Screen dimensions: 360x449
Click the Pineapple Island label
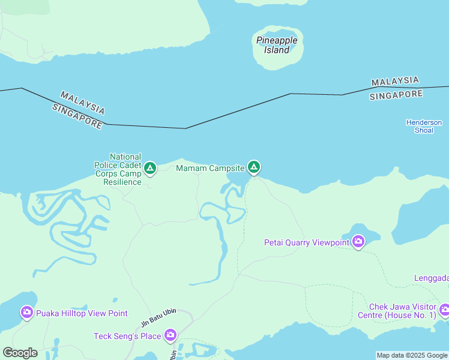coord(277,45)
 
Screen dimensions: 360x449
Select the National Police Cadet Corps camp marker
coord(150,168)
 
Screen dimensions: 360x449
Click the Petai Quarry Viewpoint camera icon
coord(358,242)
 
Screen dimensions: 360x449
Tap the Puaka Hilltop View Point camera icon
coord(26,312)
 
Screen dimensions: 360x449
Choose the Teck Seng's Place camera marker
coord(170,335)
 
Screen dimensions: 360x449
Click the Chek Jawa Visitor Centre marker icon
coord(444,310)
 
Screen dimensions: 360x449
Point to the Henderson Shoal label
coord(424,126)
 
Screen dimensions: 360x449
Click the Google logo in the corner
coord(20,353)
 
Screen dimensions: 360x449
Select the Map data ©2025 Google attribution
coord(412,355)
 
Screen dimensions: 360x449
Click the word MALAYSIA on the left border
coord(83,103)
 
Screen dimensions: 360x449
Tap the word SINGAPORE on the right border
coord(396,95)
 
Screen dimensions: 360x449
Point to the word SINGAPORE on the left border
coord(77,116)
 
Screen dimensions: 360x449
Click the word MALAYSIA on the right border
coord(394,82)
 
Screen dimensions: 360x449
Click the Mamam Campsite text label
coord(210,168)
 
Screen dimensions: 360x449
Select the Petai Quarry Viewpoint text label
coord(307,242)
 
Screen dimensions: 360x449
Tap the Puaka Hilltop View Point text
coord(82,313)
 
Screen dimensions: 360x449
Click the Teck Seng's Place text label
coord(127,336)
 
